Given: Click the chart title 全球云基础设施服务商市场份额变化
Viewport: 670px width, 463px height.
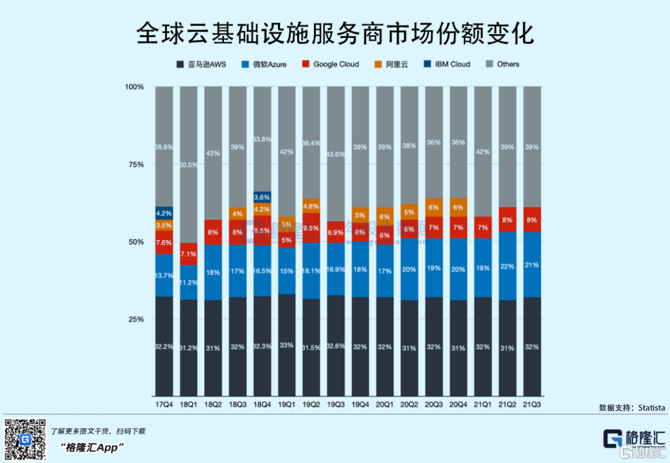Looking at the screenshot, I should click(x=335, y=33).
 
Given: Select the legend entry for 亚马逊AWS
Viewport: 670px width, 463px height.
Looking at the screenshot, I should click(x=201, y=64).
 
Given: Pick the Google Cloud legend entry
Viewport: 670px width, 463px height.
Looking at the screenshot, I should click(x=330, y=64).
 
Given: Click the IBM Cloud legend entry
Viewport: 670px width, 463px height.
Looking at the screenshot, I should click(x=446, y=64).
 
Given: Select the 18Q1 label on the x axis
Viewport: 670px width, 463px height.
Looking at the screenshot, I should click(x=189, y=405).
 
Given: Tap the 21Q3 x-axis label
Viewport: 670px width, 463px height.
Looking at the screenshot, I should click(x=532, y=405).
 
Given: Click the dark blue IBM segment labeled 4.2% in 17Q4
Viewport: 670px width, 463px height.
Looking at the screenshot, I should click(x=164, y=213).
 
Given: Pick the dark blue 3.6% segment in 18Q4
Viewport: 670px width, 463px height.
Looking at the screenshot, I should click(x=262, y=197).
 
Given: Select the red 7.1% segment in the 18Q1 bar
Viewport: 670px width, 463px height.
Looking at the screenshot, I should click(x=189, y=254).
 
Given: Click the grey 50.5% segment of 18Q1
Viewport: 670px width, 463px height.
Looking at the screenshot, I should click(x=189, y=165).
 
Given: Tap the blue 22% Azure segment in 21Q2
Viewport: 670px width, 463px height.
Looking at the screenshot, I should click(x=507, y=266).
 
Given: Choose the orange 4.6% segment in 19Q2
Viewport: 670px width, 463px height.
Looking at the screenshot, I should click(x=311, y=206).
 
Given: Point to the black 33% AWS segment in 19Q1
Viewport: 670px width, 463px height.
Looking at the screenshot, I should click(x=287, y=345).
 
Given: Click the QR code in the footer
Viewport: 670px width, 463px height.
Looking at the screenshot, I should click(x=25, y=439).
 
